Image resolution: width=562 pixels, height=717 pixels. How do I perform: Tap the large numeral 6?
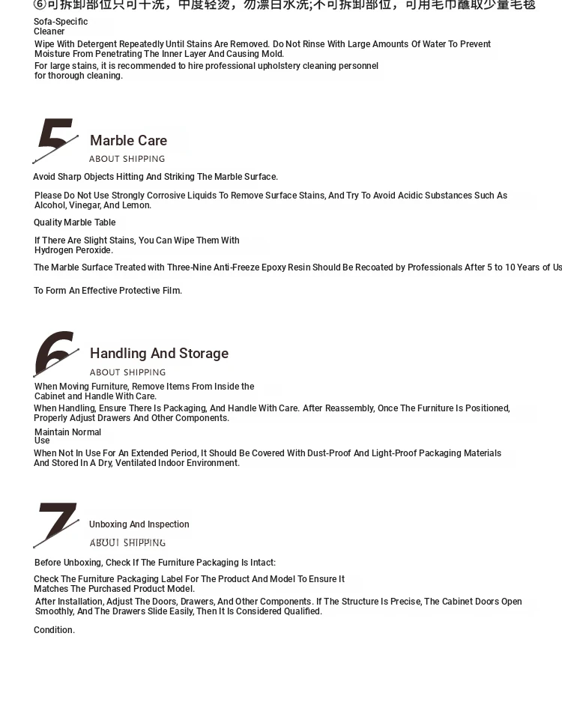(55, 353)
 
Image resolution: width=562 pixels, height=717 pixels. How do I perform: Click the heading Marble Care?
(128, 141)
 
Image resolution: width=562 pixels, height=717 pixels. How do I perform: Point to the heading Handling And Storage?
(159, 354)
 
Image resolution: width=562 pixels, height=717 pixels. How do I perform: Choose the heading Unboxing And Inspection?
(139, 524)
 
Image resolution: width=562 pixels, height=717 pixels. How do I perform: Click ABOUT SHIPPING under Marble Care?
(127, 159)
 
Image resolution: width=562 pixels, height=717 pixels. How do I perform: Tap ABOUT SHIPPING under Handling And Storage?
(127, 372)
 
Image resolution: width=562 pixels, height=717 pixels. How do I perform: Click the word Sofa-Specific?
(61, 22)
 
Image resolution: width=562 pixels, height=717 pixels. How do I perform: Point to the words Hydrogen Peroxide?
(73, 250)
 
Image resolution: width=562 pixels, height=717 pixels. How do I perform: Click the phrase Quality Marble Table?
(74, 223)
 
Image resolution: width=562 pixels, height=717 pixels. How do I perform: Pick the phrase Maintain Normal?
(67, 432)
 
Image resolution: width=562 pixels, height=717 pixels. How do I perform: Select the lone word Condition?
(54, 630)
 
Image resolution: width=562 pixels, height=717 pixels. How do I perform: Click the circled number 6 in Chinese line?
(40, 4)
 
